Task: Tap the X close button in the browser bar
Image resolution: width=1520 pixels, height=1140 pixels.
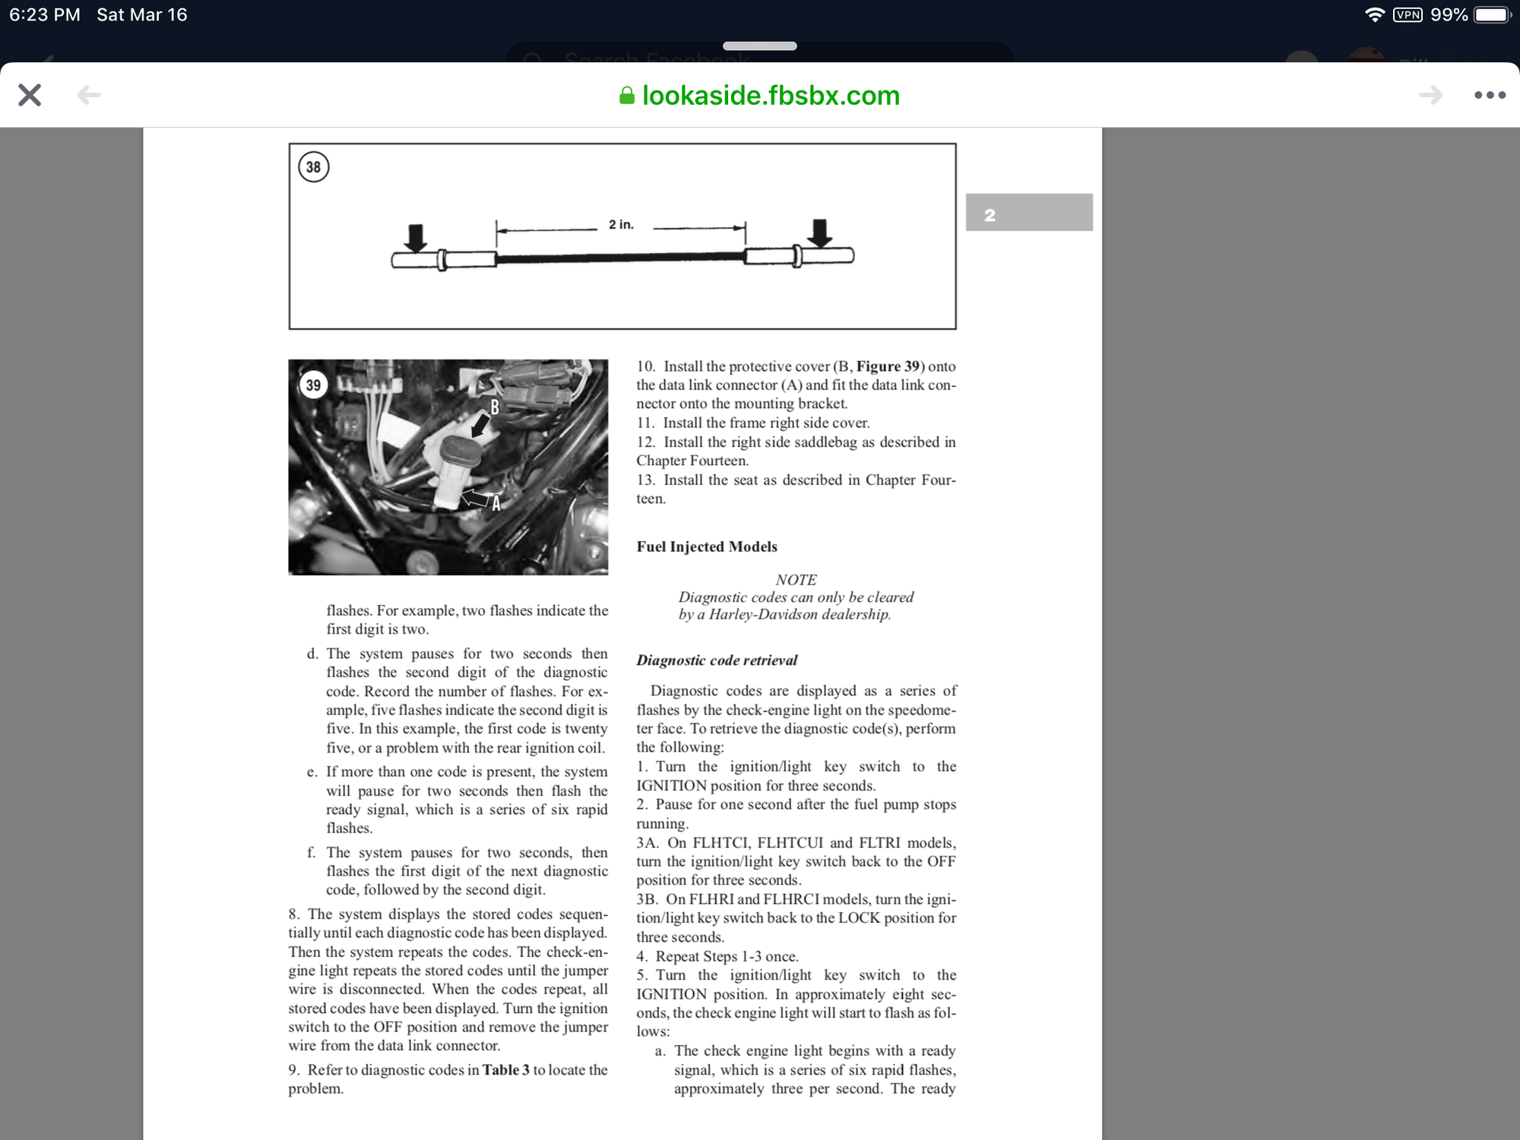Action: pyautogui.click(x=30, y=95)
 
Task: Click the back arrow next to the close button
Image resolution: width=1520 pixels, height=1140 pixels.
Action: pyautogui.click(x=89, y=95)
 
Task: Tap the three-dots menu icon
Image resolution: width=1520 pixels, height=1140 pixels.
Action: pyautogui.click(x=1490, y=95)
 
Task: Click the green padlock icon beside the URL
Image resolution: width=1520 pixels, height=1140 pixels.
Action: pyautogui.click(x=627, y=96)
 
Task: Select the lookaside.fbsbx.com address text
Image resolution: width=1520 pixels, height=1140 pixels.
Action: pyautogui.click(x=771, y=96)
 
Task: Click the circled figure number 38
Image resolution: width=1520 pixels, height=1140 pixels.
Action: pyautogui.click(x=314, y=167)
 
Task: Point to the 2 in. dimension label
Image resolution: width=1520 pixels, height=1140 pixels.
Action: pyautogui.click(x=621, y=225)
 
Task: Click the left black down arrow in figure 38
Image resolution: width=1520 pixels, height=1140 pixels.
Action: pyautogui.click(x=415, y=237)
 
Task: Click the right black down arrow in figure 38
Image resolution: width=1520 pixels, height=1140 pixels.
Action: pyautogui.click(x=819, y=233)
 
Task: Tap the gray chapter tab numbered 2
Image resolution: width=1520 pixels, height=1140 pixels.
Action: pyautogui.click(x=1028, y=213)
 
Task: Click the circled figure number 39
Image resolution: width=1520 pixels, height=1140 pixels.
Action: pyautogui.click(x=314, y=385)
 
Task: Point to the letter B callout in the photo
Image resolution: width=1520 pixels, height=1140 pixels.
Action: pyautogui.click(x=495, y=408)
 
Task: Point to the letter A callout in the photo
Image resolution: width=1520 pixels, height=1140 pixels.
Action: pyautogui.click(x=496, y=503)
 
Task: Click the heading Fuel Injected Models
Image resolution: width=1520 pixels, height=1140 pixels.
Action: pyautogui.click(x=707, y=546)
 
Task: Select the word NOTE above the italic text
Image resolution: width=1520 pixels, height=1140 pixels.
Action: pyautogui.click(x=796, y=580)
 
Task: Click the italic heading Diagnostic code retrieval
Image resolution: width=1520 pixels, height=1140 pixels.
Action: pyautogui.click(x=717, y=660)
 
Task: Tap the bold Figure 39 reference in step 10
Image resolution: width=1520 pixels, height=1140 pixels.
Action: pyautogui.click(x=888, y=366)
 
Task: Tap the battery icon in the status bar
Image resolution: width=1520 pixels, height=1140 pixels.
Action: pyautogui.click(x=1492, y=15)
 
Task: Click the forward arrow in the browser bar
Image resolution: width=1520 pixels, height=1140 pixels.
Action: pyautogui.click(x=1430, y=95)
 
